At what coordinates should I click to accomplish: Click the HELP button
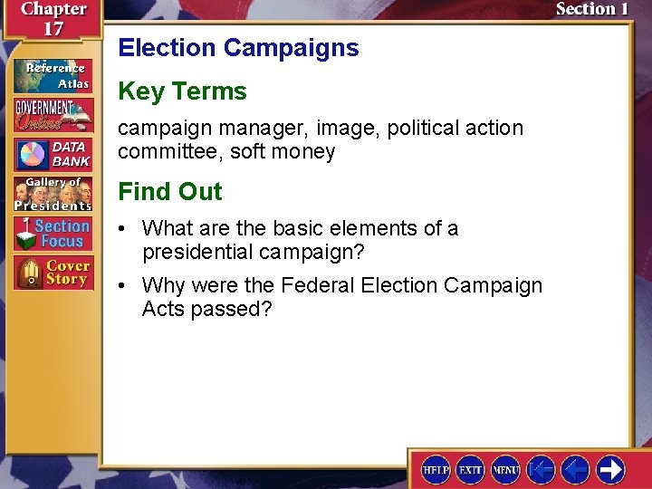click(436, 469)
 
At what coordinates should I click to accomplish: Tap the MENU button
click(505, 469)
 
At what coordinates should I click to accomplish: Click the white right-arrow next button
click(610, 469)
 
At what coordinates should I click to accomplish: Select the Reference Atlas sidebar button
click(53, 75)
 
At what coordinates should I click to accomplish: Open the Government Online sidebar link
click(53, 115)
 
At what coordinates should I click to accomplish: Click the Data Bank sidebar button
click(53, 155)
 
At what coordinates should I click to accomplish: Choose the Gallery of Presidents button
click(53, 194)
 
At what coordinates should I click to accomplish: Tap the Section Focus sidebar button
click(53, 234)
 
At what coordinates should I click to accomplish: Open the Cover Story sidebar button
click(53, 273)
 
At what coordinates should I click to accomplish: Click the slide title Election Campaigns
click(238, 48)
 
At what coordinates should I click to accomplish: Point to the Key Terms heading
click(182, 91)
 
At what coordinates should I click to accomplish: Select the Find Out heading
click(169, 192)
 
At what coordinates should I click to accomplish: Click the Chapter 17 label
click(54, 18)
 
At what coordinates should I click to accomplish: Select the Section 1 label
click(592, 10)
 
